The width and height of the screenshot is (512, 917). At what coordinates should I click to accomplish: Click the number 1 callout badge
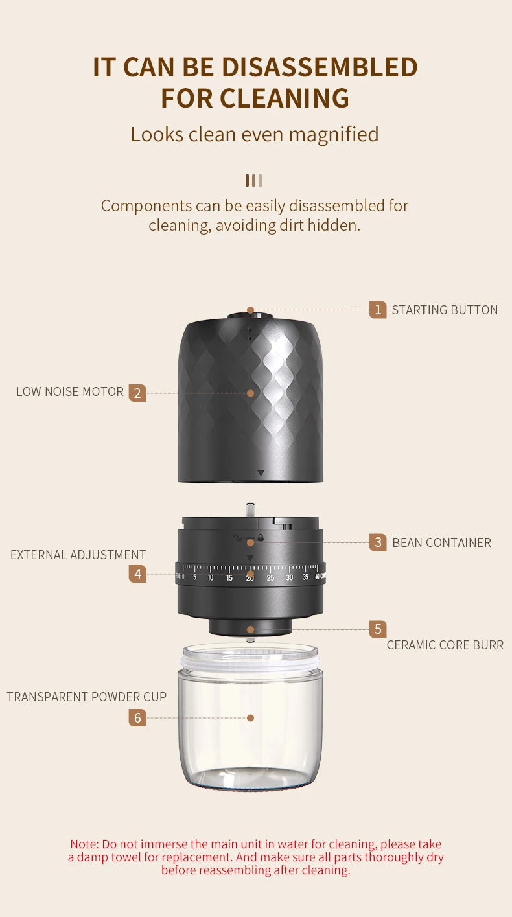(378, 310)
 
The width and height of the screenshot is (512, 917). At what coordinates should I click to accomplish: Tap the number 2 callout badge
(137, 393)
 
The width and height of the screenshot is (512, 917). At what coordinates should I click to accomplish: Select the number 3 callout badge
(378, 542)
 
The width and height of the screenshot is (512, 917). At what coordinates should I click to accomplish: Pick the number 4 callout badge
(137, 574)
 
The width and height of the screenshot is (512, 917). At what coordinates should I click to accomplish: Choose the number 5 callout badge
(378, 629)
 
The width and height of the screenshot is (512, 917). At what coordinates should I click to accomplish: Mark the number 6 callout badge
(137, 717)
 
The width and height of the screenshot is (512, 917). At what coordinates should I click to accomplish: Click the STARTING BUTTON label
(445, 310)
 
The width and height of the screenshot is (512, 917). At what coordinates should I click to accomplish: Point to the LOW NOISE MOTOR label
(70, 392)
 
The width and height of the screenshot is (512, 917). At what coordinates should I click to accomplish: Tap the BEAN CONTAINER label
(441, 542)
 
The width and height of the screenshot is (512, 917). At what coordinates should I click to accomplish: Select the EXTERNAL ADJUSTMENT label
(78, 555)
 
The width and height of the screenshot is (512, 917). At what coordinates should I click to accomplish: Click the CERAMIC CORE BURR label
(445, 645)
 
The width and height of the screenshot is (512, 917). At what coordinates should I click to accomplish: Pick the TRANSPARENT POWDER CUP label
(87, 697)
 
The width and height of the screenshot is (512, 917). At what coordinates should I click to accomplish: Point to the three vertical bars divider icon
(253, 180)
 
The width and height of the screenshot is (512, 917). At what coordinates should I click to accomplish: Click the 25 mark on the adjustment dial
(270, 577)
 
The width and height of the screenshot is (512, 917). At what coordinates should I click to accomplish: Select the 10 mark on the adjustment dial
(211, 577)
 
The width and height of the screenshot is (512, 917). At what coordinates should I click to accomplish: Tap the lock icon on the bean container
(261, 537)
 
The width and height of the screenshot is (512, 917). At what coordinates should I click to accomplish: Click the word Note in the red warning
(83, 844)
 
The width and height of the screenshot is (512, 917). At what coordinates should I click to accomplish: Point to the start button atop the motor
(250, 316)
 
